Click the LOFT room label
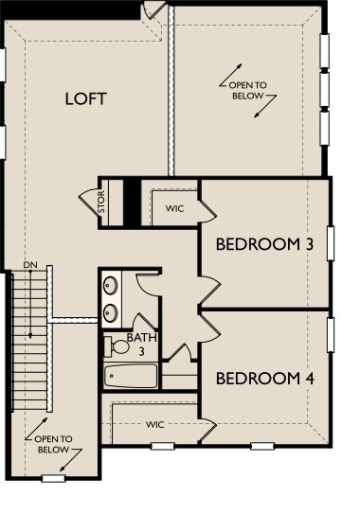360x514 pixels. tap(85, 98)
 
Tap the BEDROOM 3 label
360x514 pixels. tap(264, 244)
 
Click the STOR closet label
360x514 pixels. tap(101, 204)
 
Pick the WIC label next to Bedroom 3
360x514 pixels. tap(173, 207)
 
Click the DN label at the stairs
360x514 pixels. tap(30, 264)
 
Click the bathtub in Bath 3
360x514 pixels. tap(131, 376)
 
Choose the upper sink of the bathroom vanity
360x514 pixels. tap(111, 284)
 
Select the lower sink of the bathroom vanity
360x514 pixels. tap(111, 311)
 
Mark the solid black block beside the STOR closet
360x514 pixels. tap(133, 202)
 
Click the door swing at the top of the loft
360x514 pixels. tap(153, 11)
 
